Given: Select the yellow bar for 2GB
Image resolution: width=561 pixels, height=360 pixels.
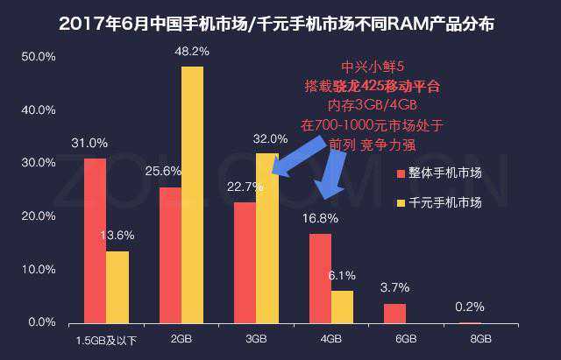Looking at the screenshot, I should (x=192, y=194).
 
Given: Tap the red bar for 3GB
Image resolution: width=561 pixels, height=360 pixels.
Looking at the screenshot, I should (x=245, y=263).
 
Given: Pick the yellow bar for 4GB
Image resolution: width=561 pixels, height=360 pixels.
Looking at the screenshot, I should (x=342, y=307).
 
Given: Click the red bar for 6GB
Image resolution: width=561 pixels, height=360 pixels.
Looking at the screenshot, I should (x=394, y=314).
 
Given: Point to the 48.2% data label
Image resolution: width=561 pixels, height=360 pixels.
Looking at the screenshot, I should (x=192, y=52).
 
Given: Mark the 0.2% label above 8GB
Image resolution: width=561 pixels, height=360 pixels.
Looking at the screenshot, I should (x=470, y=307).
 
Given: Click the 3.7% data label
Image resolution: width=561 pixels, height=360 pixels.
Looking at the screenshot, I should (x=394, y=288).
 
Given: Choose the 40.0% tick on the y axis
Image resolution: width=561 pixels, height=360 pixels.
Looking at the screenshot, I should (x=39, y=110).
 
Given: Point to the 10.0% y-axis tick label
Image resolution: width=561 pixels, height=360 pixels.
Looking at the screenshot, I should (x=39, y=270).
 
